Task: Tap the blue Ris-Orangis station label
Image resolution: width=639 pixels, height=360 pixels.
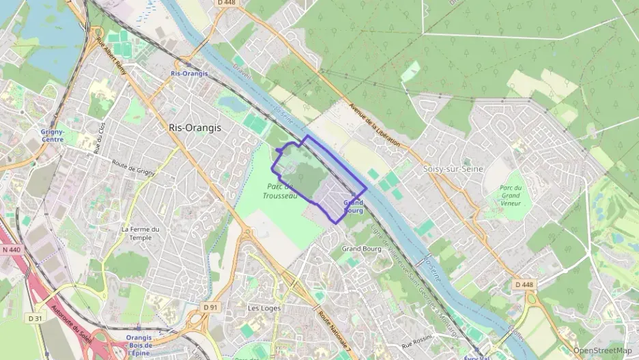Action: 189,73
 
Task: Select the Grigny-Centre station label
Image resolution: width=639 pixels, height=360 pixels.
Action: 53,135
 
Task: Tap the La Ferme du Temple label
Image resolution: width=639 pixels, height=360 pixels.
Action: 141,233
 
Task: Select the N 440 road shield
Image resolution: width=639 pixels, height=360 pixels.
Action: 11,250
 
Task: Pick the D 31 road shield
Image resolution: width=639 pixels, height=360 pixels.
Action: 35,318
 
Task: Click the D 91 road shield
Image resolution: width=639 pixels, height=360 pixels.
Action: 210,307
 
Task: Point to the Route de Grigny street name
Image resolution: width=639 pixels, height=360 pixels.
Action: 133,168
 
